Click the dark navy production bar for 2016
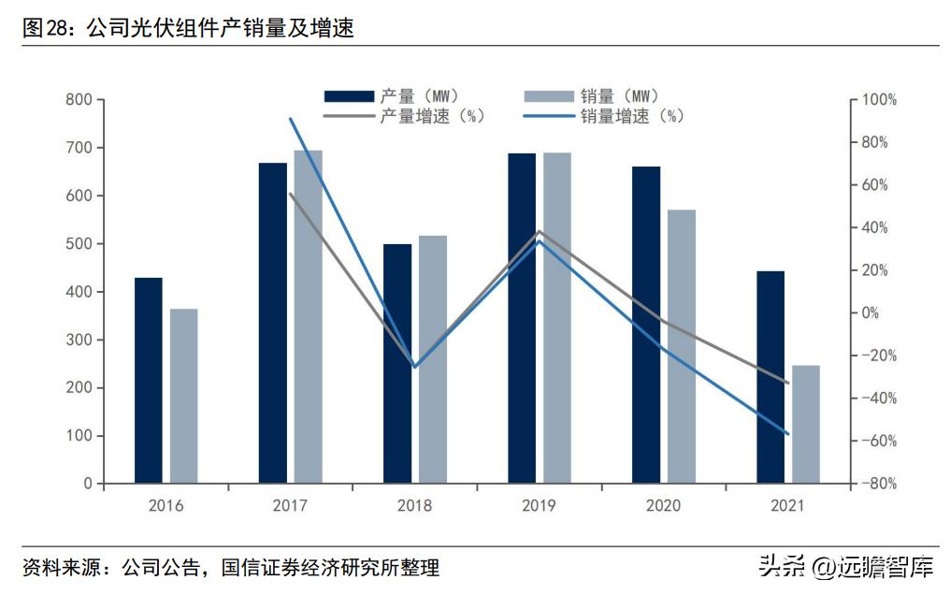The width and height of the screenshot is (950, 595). tap(148, 381)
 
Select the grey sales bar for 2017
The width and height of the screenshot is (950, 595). tap(309, 317)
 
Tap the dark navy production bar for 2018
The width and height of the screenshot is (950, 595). tap(397, 364)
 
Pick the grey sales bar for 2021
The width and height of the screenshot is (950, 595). tap(806, 425)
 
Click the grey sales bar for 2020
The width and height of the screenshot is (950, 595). tap(682, 347)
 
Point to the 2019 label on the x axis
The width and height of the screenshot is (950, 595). tap(540, 506)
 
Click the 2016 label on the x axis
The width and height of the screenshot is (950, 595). tap(166, 506)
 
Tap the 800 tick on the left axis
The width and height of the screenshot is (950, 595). tap(79, 100)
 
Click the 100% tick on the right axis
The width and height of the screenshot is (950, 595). tap(879, 100)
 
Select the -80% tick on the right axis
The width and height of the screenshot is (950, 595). tap(879, 484)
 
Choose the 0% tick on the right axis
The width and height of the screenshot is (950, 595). tap(871, 313)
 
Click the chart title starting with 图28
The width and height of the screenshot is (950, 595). tap(188, 29)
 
